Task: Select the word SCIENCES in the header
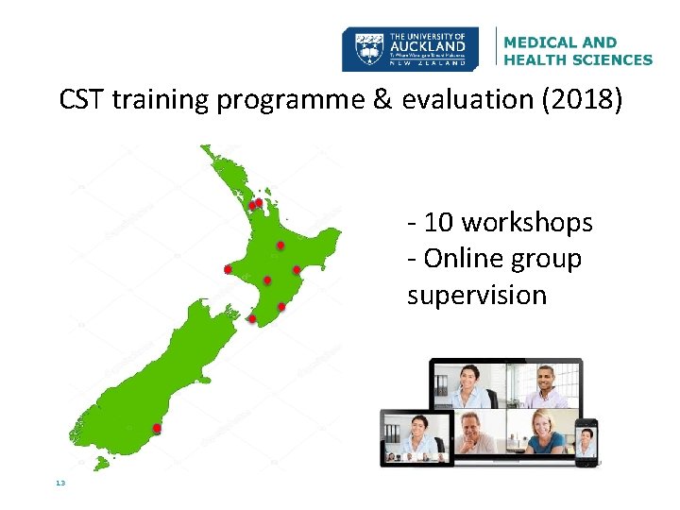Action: click(x=609, y=59)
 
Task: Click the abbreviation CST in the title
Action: click(x=81, y=99)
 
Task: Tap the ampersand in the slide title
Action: click(x=381, y=99)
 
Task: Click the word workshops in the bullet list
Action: click(x=526, y=223)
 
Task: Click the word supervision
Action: click(x=477, y=295)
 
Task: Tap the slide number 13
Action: click(x=60, y=483)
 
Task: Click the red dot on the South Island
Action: click(x=157, y=429)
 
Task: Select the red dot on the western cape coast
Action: click(x=228, y=269)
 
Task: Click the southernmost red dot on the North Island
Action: click(x=251, y=319)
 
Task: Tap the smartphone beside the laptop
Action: click(x=586, y=441)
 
